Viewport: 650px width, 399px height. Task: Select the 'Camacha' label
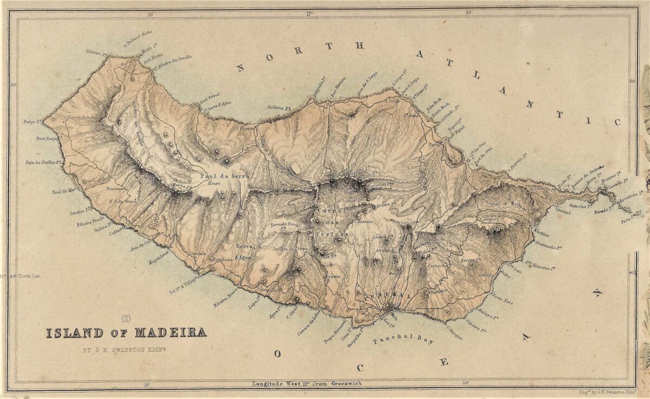pos(438,266)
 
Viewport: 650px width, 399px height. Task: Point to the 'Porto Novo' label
pos(503,298)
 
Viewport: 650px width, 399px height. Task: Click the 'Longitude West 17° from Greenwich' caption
pos(307,384)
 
